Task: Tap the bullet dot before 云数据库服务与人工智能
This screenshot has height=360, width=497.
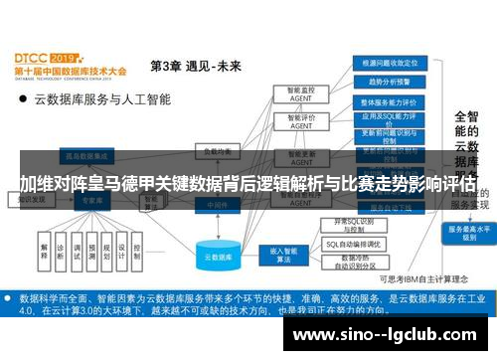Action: [x=22, y=99]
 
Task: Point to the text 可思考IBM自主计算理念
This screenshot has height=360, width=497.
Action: [x=422, y=278]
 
